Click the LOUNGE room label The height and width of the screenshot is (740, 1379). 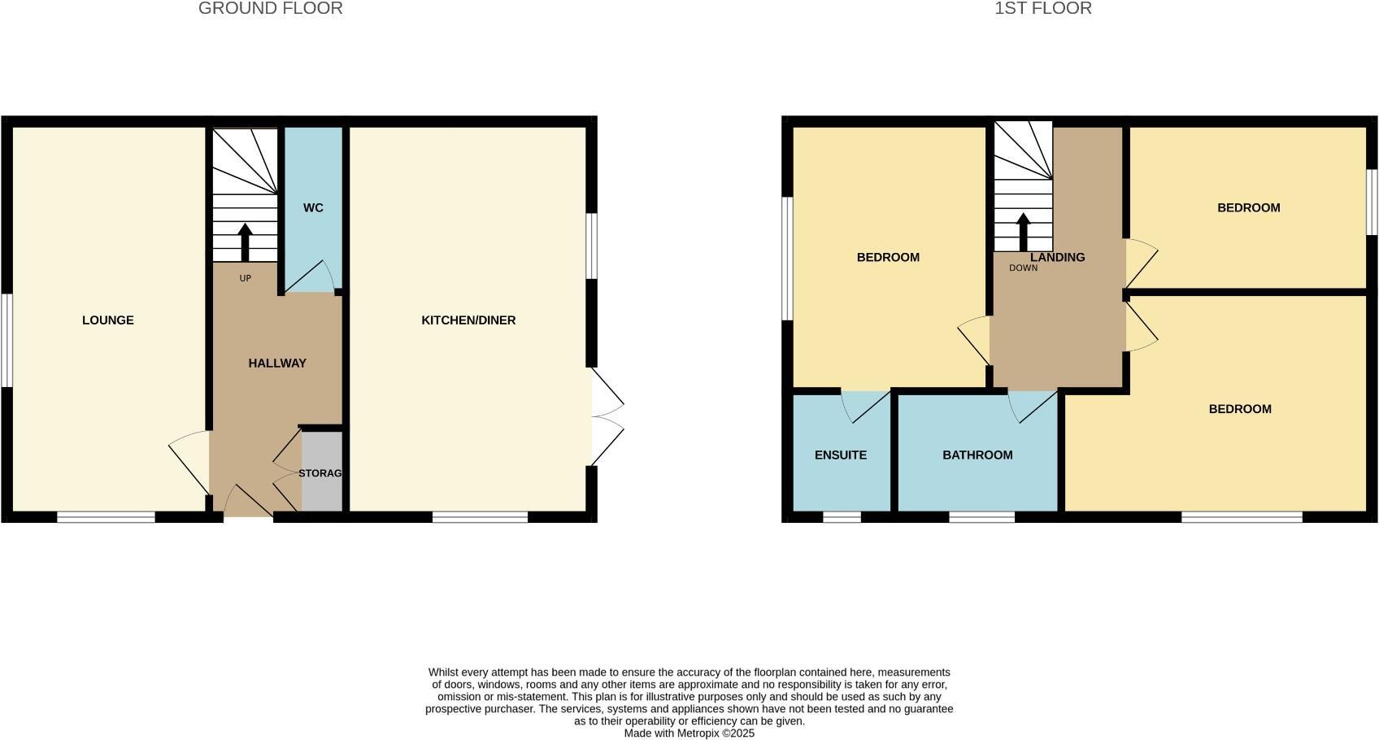(x=108, y=320)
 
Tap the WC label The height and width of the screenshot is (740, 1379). (x=313, y=208)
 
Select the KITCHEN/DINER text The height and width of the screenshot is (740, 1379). (x=468, y=320)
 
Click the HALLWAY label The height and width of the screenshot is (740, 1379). (x=277, y=363)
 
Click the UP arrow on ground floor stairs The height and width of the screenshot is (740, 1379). (x=245, y=242)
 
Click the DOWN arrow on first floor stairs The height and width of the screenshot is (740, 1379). (x=1023, y=232)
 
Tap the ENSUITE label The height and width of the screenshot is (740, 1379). (x=841, y=455)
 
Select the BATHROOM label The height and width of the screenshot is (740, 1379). (x=977, y=455)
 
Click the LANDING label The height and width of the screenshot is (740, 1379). (x=1058, y=258)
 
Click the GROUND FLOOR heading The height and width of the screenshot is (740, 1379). (x=271, y=9)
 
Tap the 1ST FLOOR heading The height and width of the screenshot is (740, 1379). (x=1043, y=9)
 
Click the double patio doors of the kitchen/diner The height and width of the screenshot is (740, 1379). (x=607, y=417)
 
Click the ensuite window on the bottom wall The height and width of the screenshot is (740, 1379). (x=842, y=517)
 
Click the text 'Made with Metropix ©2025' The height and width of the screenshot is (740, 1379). (x=689, y=733)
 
